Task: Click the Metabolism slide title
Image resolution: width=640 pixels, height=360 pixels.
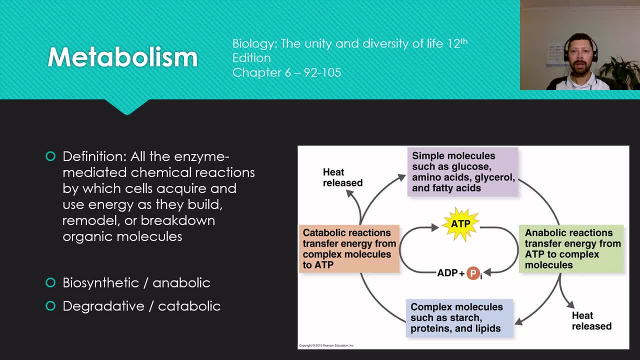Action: pos(122,57)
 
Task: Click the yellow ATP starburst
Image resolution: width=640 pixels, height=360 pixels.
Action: pos(460,224)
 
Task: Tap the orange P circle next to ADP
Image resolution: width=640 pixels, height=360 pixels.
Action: pos(473,273)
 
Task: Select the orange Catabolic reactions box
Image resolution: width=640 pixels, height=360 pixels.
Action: pos(349,248)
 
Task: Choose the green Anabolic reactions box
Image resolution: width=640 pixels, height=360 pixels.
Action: pos(571,248)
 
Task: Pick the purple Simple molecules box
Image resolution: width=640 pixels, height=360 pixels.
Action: pos(463,171)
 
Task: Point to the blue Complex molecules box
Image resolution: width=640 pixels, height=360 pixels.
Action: pos(459,317)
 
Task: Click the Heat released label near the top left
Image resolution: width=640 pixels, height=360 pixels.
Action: pos(342,177)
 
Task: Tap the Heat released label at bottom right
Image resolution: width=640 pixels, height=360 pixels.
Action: pos(591,321)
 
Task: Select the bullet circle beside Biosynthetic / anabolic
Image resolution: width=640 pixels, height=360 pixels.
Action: pos(50,282)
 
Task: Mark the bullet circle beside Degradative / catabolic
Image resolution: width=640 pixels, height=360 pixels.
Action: pos(50,306)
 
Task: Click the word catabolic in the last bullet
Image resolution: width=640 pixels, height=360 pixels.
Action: pos(189,306)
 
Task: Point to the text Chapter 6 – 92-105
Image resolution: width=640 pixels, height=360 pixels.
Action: pos(286,72)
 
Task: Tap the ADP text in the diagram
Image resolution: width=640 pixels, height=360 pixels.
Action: pos(447,273)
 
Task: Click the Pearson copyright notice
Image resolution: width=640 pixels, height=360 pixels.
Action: pos(326,345)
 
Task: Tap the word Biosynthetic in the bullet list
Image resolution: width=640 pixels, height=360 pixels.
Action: pos(101,283)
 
